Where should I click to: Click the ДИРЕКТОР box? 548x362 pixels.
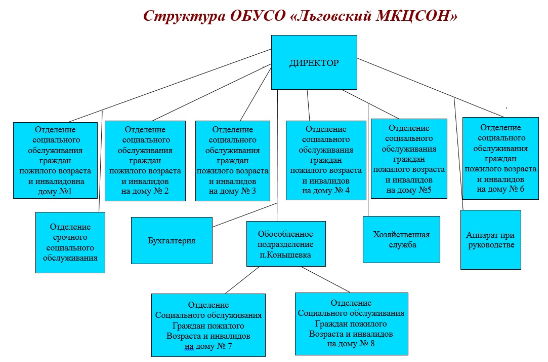[314, 62]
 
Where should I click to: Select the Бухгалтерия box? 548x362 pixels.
[172, 240]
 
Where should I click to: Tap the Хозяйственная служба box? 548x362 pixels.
[402, 239]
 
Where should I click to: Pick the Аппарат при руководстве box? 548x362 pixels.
[491, 240]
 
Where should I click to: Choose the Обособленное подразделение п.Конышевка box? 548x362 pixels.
[286, 244]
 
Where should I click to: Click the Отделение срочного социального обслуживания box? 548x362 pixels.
[70, 243]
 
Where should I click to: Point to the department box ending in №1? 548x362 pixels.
[55, 160]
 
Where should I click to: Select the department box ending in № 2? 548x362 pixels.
[145, 161]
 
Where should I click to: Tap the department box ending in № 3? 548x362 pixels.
[232, 161]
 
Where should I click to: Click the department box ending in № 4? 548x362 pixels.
[326, 160]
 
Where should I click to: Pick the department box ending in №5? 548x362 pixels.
[409, 159]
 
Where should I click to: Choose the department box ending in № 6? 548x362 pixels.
[500, 158]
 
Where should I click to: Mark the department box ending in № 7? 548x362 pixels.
[208, 325]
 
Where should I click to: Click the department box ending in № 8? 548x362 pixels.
[351, 324]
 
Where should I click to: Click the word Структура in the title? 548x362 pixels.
[184, 16]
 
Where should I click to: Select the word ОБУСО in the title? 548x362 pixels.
[258, 16]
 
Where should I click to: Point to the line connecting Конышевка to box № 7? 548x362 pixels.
[242, 280]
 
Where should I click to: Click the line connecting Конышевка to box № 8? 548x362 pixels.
[325, 279]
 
